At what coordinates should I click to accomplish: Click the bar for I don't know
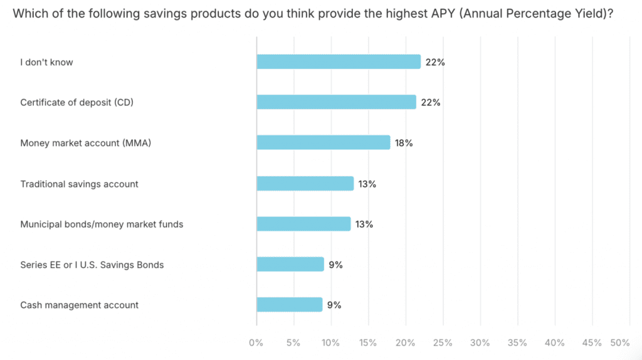339,61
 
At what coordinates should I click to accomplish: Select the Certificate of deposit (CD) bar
336,102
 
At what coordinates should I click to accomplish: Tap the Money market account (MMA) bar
324,143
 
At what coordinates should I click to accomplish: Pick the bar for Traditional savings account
305,184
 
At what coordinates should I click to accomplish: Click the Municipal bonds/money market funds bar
303,224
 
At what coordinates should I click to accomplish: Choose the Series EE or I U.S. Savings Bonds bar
290,265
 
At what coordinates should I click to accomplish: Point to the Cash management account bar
290,305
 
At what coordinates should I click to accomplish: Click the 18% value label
404,143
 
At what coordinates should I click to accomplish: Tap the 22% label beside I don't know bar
434,62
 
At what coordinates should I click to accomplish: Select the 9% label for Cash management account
334,305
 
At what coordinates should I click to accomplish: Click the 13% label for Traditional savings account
367,184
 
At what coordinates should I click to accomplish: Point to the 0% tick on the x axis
256,343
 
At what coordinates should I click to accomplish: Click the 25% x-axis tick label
443,343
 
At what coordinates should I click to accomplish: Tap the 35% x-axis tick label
517,343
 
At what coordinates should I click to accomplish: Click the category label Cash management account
80,305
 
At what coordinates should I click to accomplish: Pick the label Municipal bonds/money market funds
102,224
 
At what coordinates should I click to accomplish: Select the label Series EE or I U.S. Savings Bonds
92,265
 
